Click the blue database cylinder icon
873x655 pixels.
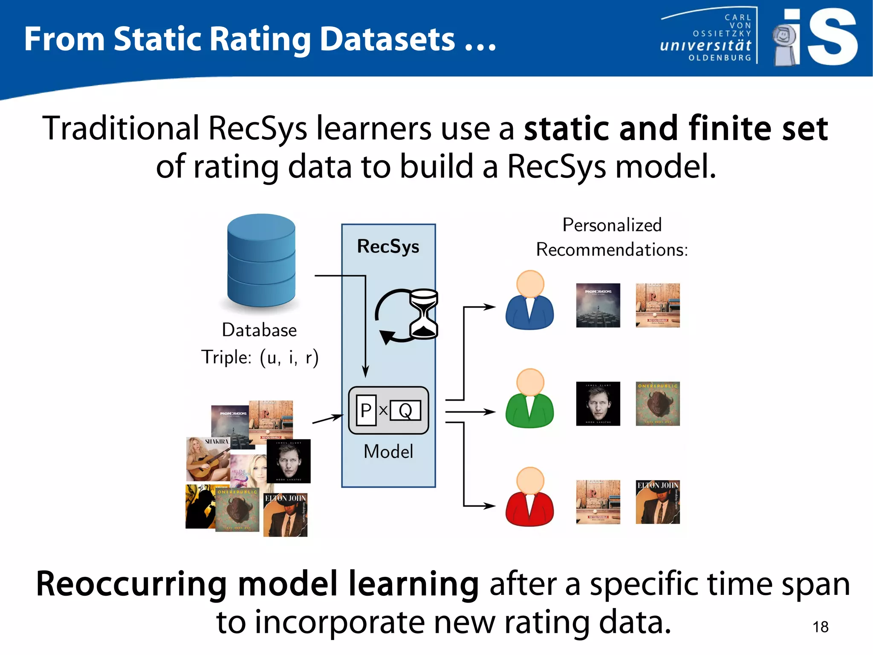[x=261, y=260]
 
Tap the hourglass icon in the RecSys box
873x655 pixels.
[x=423, y=314]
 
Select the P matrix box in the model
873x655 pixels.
[x=366, y=410]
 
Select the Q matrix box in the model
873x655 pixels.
[x=405, y=410]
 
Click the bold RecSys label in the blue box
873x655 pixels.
[x=388, y=246]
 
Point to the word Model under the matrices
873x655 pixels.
[x=388, y=451]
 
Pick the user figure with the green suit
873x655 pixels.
[x=529, y=399]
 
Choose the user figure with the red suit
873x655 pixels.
[x=529, y=497]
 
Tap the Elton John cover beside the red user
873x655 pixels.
[x=657, y=502]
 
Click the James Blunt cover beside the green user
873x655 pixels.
[x=598, y=404]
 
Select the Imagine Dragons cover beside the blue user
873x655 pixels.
[x=598, y=305]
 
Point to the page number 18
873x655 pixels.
[x=820, y=627]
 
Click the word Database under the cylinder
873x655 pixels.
[x=259, y=330]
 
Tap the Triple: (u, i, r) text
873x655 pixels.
[x=260, y=357]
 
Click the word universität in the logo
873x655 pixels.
[x=705, y=45]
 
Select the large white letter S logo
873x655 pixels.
[x=832, y=38]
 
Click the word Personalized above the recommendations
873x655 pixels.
[x=612, y=225]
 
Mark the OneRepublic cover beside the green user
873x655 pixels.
[x=657, y=404]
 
